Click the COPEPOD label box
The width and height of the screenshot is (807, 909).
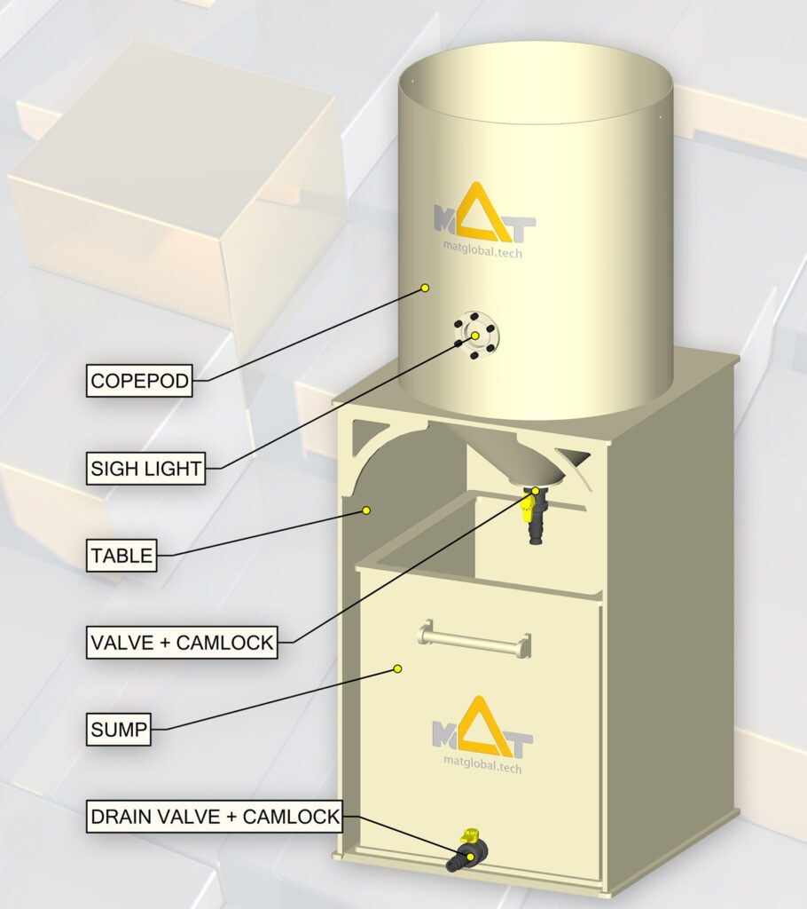point(139,381)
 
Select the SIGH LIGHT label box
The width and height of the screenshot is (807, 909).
point(145,467)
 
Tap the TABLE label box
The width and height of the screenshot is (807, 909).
point(121,557)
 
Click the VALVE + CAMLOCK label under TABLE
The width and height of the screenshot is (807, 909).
point(181,642)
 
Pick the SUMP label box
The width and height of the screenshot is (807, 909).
point(119,731)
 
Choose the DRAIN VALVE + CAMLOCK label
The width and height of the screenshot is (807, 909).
point(214,816)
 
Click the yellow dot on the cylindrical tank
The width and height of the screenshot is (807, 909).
point(425,288)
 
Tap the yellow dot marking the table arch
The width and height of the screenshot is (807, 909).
point(365,510)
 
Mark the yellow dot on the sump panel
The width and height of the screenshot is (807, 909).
point(397,668)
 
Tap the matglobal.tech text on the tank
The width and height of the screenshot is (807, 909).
point(482,250)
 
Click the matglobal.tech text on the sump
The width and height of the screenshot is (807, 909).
point(482,762)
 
